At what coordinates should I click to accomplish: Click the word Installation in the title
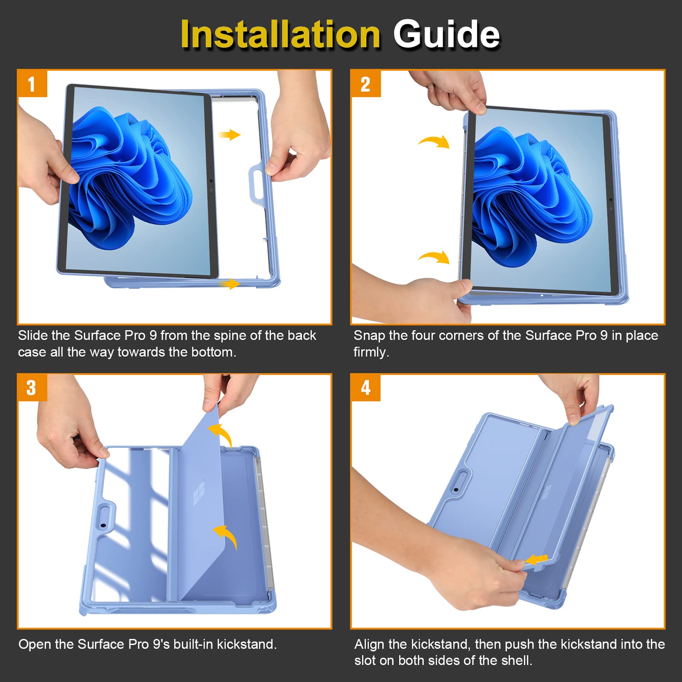pos(280,34)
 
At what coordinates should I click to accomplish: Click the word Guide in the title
pos(446,34)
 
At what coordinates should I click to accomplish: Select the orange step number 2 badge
pos(366,84)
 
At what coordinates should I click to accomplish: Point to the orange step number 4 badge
pos(366,387)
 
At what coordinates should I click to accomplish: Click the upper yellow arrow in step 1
pos(229,135)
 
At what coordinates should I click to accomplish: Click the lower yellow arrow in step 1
pos(229,284)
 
